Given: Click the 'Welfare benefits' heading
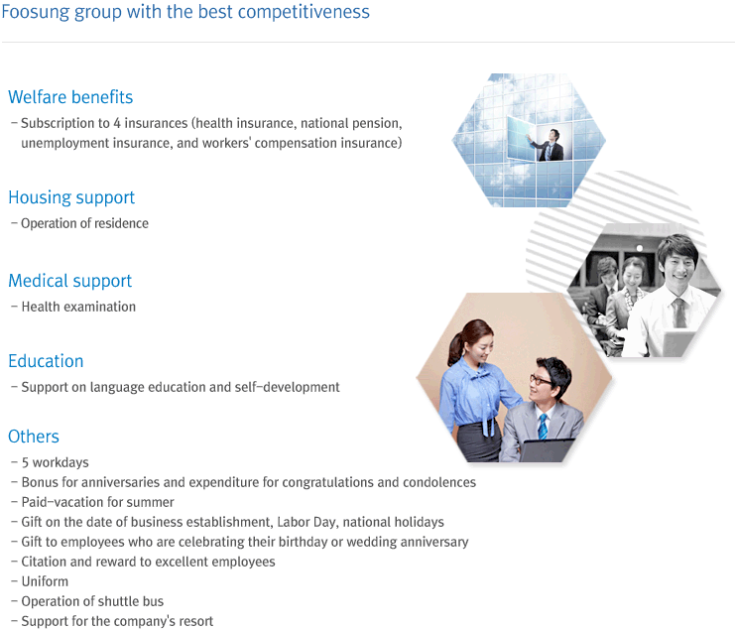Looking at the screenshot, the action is click(70, 97).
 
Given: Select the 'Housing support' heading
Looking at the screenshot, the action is click(71, 197).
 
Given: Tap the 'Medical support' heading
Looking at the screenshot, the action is click(70, 281).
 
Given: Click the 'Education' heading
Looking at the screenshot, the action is click(46, 361).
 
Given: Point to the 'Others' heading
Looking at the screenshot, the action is click(34, 437).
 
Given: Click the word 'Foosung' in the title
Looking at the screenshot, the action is click(36, 12).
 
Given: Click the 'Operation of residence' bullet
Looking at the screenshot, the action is click(85, 223).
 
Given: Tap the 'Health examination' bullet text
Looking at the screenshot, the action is click(78, 307).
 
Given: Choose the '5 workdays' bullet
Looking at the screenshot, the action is click(56, 462).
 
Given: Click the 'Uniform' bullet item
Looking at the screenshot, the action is click(45, 581).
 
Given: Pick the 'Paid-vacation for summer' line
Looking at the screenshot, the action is click(97, 502).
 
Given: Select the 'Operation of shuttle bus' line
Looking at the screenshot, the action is click(92, 601).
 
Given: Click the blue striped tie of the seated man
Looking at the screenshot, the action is click(543, 427).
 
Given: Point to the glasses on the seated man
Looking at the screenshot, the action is click(540, 380).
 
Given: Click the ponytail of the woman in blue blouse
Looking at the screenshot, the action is click(453, 347).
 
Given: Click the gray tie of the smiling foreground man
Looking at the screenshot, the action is click(678, 313).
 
